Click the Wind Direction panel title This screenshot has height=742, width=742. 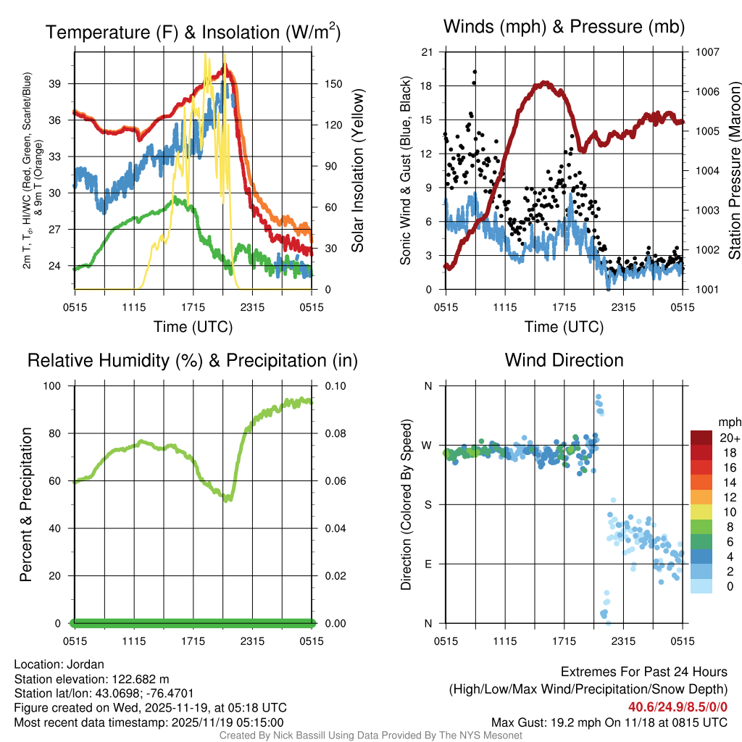(564, 360)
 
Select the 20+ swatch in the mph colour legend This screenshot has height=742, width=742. (701, 438)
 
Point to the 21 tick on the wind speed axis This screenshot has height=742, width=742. (427, 52)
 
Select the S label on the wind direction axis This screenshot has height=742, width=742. (428, 504)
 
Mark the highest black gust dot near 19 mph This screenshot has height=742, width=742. (475, 72)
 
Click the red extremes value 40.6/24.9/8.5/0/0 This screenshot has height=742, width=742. (678, 707)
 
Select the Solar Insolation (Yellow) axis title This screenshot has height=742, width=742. (358, 171)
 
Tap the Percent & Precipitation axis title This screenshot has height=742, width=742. (26, 504)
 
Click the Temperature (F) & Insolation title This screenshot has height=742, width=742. (193, 33)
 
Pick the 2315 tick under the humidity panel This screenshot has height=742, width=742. (252, 641)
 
